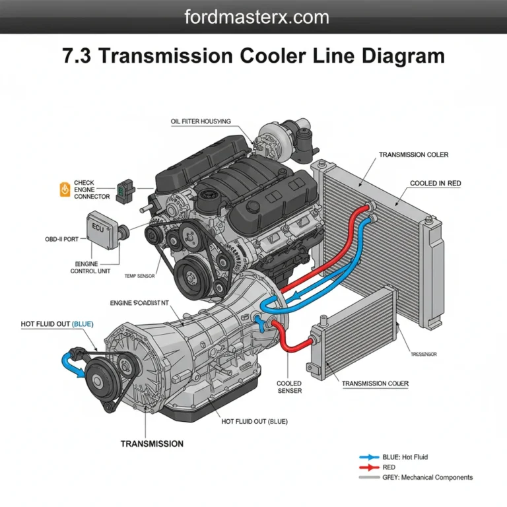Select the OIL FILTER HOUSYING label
[x=201, y=121]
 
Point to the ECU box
[x=102, y=230]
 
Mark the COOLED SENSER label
[x=289, y=387]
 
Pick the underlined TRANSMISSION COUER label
[x=375, y=384]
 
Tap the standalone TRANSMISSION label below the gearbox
[x=152, y=444]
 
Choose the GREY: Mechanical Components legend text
[x=427, y=477]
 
